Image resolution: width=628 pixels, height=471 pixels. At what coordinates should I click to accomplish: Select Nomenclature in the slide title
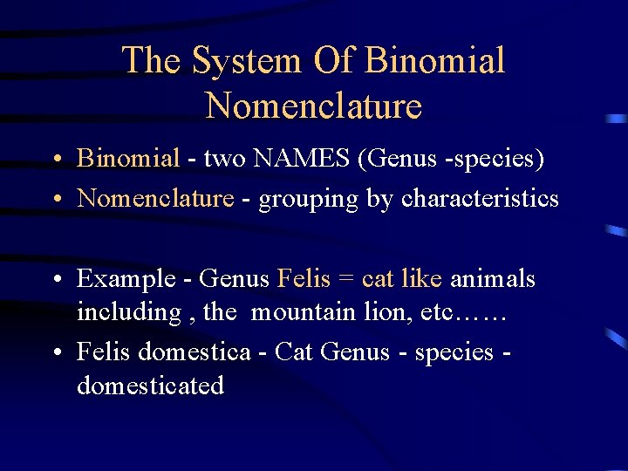(x=314, y=106)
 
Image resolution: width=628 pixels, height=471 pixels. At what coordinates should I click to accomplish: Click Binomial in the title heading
(x=435, y=61)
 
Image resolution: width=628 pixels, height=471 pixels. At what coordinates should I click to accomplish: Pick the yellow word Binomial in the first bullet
(x=128, y=158)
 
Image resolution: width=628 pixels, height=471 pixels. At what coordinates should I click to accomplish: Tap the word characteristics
(x=480, y=198)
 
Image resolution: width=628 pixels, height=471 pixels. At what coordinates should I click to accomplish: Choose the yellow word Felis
(x=304, y=278)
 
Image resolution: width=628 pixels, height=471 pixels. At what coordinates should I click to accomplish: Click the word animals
(x=493, y=278)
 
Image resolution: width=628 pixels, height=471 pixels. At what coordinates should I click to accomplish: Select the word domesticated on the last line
(x=150, y=385)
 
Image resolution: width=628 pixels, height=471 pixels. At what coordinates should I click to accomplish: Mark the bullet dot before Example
(x=55, y=280)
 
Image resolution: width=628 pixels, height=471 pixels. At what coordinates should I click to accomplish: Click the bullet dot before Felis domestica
(x=55, y=352)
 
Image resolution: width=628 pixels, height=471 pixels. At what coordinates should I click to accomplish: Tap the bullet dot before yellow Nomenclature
(x=55, y=200)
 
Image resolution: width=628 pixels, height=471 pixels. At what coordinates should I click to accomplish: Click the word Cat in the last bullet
(x=295, y=352)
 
